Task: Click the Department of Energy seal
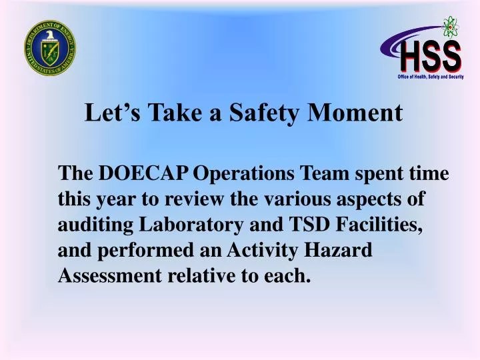pos(50,47)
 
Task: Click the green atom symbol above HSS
pos(451,27)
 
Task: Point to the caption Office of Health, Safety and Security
pos(430,77)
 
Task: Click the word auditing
pos(95,224)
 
